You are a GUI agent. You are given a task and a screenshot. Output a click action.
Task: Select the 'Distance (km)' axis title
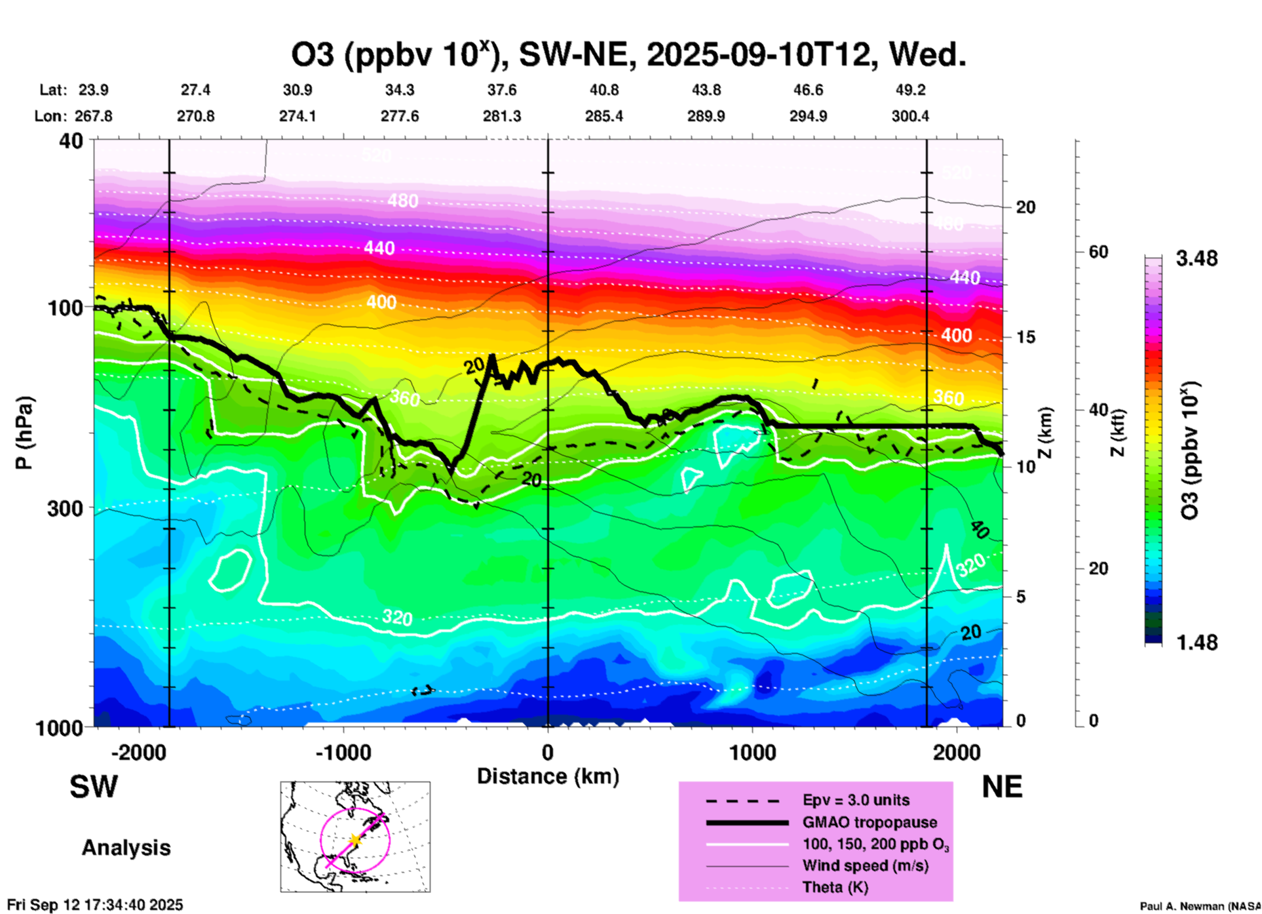tap(548, 776)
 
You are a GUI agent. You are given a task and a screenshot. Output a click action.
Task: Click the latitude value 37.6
tap(502, 90)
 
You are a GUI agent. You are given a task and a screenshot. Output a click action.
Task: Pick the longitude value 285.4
tap(603, 116)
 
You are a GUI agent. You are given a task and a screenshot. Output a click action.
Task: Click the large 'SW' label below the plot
tap(94, 787)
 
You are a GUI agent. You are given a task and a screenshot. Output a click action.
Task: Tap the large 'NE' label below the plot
tap(1002, 787)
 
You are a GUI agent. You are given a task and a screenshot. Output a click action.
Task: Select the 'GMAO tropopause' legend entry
tap(869, 822)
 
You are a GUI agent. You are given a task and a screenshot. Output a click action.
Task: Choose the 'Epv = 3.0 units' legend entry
tap(855, 801)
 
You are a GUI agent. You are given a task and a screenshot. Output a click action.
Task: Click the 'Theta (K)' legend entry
tap(835, 887)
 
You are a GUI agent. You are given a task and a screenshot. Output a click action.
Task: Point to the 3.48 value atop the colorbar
tap(1196, 258)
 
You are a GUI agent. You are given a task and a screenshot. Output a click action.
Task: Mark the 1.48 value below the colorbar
tap(1196, 643)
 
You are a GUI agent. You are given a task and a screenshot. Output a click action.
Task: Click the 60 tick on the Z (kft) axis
tap(1098, 252)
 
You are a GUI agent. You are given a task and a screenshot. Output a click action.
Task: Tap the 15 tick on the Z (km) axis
tap(1025, 337)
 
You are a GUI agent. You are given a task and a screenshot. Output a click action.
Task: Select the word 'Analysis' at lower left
tap(126, 848)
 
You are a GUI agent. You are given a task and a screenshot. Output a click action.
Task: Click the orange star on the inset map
tap(354, 840)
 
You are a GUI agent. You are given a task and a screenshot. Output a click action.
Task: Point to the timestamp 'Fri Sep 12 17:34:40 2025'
tap(95, 905)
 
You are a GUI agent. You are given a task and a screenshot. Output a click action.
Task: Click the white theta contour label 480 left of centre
tap(402, 201)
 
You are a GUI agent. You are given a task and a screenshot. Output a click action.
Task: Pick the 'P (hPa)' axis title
tap(24, 433)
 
